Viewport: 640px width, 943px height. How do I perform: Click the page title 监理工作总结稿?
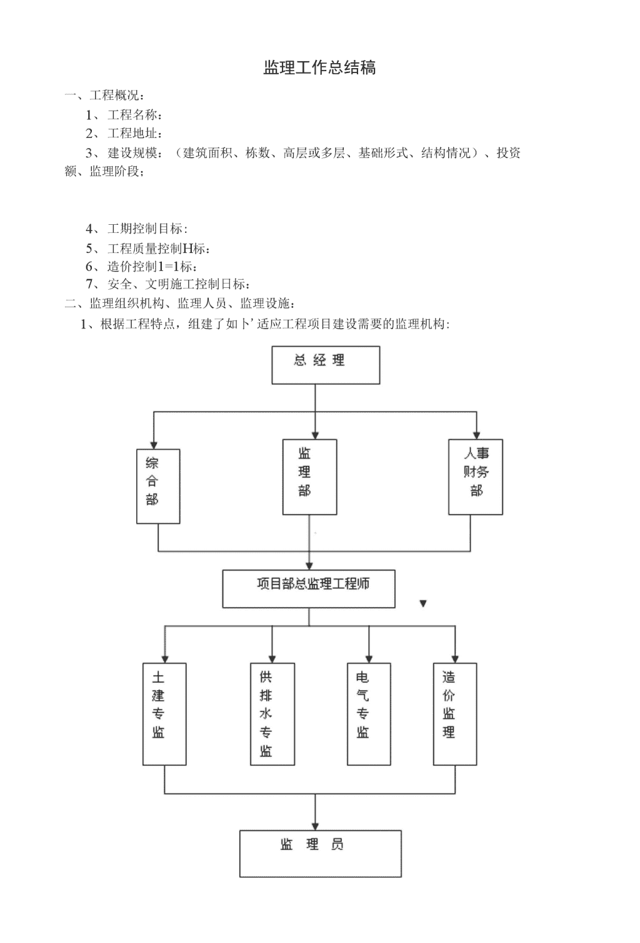(319, 68)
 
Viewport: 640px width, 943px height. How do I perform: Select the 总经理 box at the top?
(326, 365)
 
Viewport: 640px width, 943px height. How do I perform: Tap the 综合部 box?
(158, 486)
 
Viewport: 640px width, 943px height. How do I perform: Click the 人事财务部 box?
(475, 477)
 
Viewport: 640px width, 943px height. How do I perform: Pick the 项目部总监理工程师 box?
(308, 589)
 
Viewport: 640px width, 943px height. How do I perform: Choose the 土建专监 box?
(164, 714)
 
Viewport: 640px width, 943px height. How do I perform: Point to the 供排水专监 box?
(272, 714)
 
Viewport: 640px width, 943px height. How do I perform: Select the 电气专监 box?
(369, 714)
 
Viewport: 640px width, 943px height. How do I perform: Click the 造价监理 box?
(455, 714)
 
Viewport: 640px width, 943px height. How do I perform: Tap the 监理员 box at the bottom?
(320, 854)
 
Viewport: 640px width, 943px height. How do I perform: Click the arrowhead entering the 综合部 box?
(154, 445)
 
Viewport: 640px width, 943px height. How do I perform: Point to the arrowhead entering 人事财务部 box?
(476, 435)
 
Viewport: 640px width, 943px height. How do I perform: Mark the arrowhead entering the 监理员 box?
(315, 826)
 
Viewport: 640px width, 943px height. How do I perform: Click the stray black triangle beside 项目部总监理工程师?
(423, 604)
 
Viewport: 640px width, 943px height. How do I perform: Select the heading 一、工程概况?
(104, 96)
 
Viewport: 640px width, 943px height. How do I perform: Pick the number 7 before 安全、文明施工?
(90, 284)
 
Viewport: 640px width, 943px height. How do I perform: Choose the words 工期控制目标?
(147, 229)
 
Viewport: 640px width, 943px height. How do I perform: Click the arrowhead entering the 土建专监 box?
(165, 659)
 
